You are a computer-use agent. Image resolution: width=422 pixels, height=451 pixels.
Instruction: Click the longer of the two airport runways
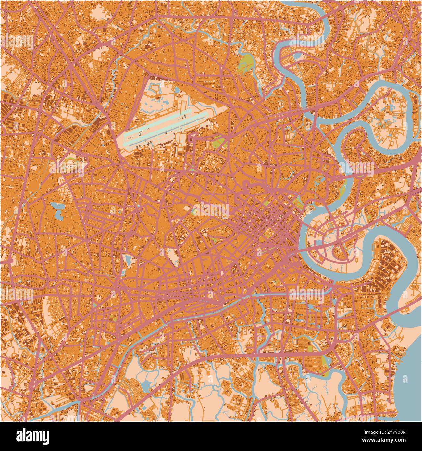pos(166,130)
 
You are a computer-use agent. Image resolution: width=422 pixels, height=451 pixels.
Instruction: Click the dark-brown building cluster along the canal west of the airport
pos(70,133)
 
